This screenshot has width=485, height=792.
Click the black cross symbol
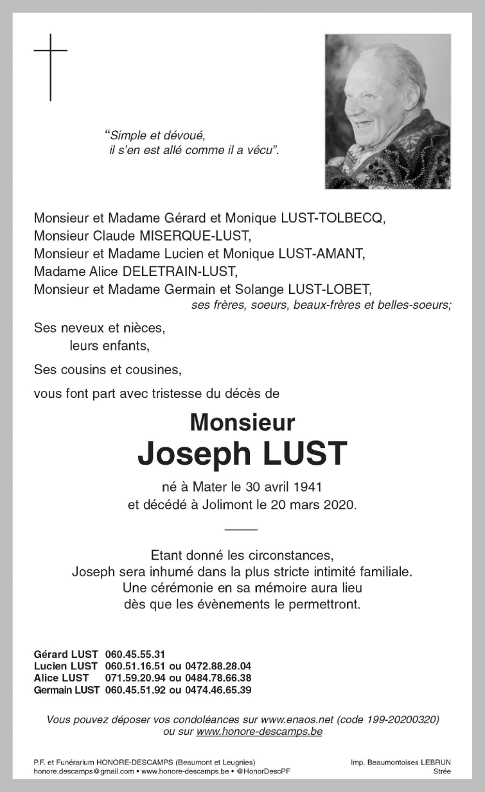[x=50, y=67]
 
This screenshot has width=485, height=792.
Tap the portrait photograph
[x=387, y=112]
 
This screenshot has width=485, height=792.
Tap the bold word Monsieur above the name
[x=242, y=422]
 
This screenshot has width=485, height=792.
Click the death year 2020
[x=337, y=504]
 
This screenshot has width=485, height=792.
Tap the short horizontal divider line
[x=242, y=529]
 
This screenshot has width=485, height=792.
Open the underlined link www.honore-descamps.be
[x=260, y=731]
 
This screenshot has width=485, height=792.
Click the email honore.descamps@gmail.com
[x=84, y=771]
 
